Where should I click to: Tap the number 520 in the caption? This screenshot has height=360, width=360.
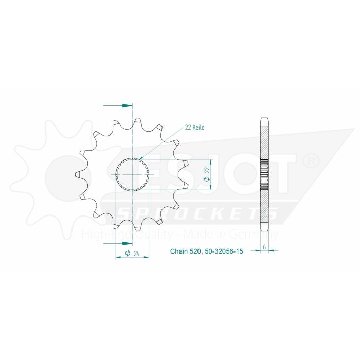coord(199,252)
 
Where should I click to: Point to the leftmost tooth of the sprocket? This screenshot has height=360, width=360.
coord(78,175)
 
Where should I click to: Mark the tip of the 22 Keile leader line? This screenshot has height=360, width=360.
coord(139,158)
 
